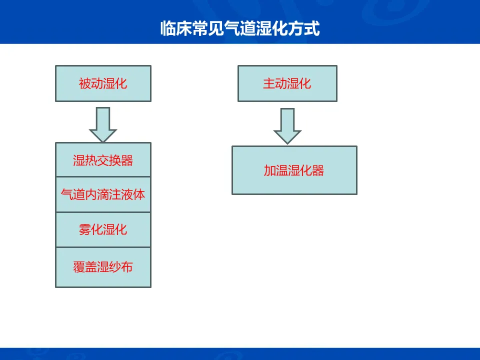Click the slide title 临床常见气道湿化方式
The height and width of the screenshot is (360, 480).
point(239,28)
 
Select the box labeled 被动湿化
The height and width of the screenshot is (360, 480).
point(102,83)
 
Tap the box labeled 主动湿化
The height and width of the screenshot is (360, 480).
point(287,83)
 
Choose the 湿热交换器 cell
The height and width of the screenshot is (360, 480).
point(102,160)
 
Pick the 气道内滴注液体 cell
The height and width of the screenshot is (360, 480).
point(102,194)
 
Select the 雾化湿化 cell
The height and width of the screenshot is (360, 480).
point(102,229)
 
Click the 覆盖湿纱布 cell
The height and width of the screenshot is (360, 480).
point(102,267)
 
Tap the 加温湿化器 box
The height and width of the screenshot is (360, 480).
point(294,170)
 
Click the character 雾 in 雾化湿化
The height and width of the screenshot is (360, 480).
point(84,229)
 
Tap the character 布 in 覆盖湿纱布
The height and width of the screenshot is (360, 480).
point(127,267)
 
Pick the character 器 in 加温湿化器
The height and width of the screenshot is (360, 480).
point(318,170)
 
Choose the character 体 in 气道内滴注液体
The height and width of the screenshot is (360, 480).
point(139,194)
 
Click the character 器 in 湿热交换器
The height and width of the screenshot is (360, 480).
point(127,160)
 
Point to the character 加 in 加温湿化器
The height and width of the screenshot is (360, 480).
point(270,170)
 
